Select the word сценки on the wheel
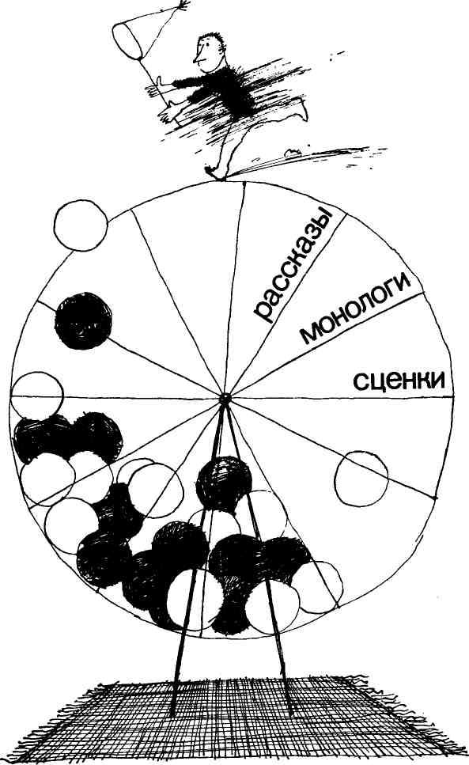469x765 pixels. pyautogui.click(x=399, y=380)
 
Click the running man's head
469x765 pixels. pyautogui.click(x=209, y=51)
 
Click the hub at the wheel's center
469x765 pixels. pyautogui.click(x=225, y=399)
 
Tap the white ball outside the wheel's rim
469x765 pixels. pyautogui.click(x=81, y=225)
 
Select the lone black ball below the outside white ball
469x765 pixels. pyautogui.click(x=83, y=320)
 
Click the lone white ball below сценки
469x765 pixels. pyautogui.click(x=361, y=479)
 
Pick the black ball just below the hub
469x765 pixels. pyautogui.click(x=223, y=483)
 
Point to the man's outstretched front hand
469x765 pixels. pyautogui.click(x=167, y=112)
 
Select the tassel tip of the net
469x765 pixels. pyautogui.click(x=183, y=6)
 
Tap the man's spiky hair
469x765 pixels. pyautogui.click(x=214, y=38)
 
